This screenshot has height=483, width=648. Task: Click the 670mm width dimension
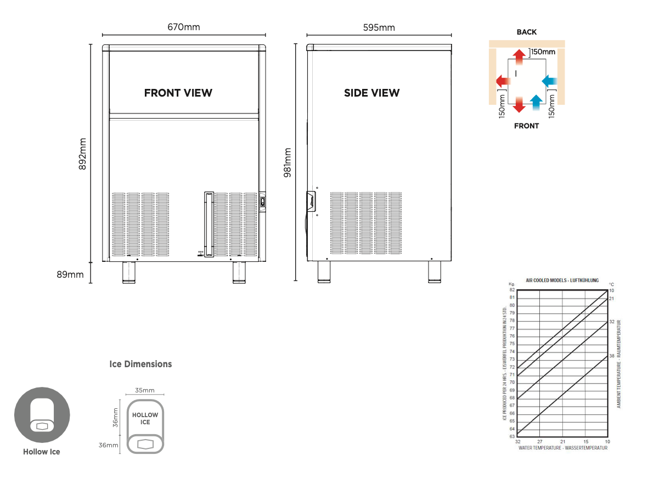[184, 27]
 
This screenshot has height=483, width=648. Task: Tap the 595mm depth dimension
[379, 27]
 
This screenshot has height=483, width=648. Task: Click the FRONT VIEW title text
[178, 93]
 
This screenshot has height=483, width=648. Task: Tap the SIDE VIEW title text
[371, 93]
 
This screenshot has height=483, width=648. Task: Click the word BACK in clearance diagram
[526, 32]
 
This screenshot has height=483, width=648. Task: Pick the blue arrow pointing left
[549, 81]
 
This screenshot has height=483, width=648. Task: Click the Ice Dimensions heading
[140, 364]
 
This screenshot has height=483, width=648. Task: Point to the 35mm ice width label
[145, 390]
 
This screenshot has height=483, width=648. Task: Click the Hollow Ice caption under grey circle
[42, 452]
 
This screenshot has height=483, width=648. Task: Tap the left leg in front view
[128, 272]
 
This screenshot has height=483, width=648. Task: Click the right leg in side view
[435, 272]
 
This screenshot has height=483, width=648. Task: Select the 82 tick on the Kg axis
[511, 290]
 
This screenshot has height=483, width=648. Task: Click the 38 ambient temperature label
[612, 356]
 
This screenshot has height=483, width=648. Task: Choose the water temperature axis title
[562, 448]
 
